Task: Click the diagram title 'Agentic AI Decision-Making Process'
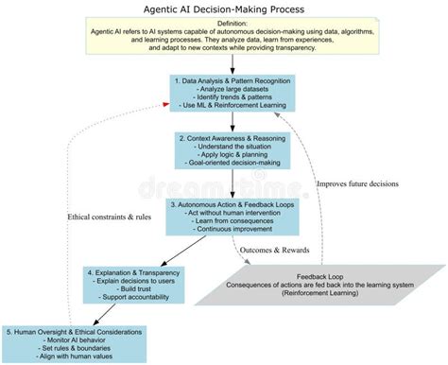[x=224, y=8]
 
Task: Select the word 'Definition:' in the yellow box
[x=224, y=24]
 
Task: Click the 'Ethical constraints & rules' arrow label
[x=110, y=217]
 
